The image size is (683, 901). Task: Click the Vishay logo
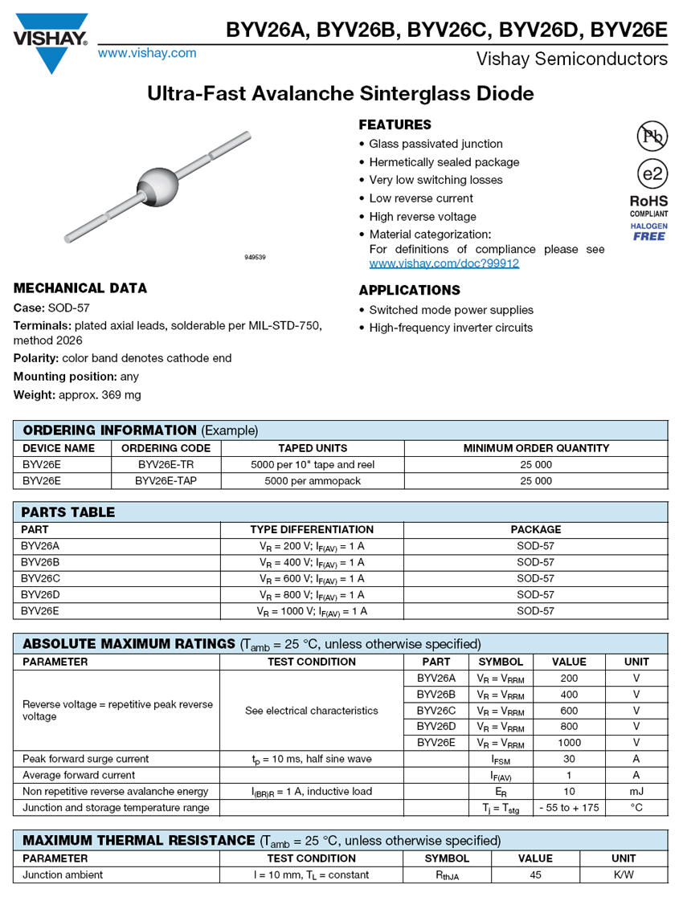[51, 40]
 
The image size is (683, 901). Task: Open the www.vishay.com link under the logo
[147, 53]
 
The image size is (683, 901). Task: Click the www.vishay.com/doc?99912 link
[444, 263]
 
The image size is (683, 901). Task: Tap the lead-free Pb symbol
[652, 137]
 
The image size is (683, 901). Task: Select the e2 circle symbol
[652, 174]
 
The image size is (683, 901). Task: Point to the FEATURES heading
[395, 124]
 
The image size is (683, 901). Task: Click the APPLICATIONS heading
[409, 290]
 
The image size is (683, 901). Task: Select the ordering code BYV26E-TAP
[166, 481]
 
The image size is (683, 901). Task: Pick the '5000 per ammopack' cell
[312, 481]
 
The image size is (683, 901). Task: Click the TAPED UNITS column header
[312, 448]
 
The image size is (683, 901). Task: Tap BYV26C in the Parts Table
[40, 578]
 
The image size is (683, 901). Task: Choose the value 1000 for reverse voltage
[569, 743]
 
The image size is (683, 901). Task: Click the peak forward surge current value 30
[569, 759]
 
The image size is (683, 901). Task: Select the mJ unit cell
[636, 791]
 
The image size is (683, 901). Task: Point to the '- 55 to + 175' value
[569, 808]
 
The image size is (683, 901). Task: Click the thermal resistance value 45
[535, 874]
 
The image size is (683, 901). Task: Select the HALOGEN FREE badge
[648, 232]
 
